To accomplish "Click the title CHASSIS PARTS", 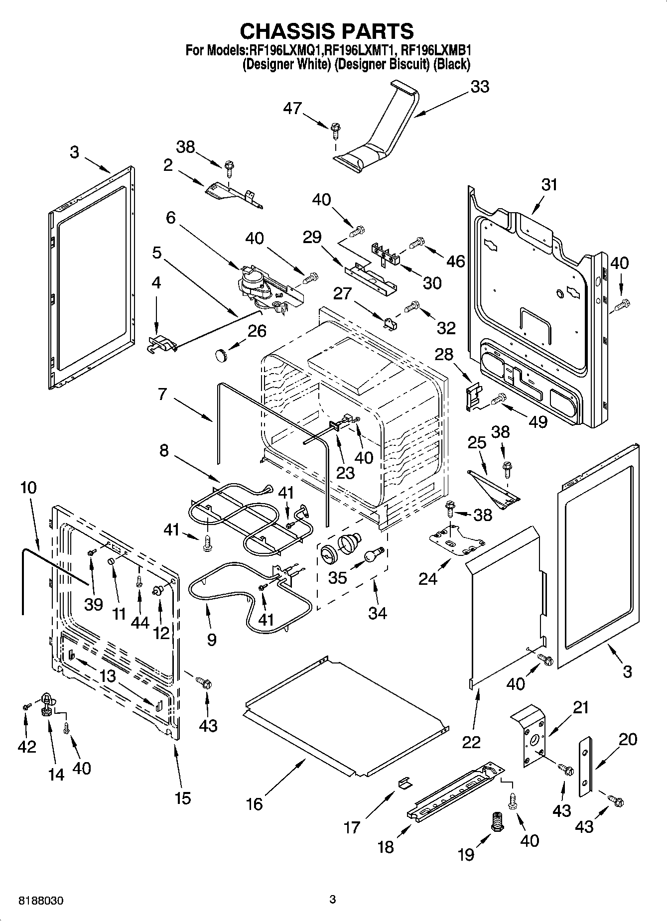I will (x=327, y=31).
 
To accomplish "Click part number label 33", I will (x=480, y=87).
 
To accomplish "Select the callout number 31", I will (x=549, y=185).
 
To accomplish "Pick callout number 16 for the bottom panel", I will (x=255, y=803).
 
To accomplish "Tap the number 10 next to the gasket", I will (x=28, y=487).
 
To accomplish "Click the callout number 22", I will (x=471, y=742).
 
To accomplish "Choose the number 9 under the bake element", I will (x=212, y=639).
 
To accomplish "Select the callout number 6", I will (x=171, y=218).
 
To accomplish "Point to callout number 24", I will (x=427, y=578).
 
